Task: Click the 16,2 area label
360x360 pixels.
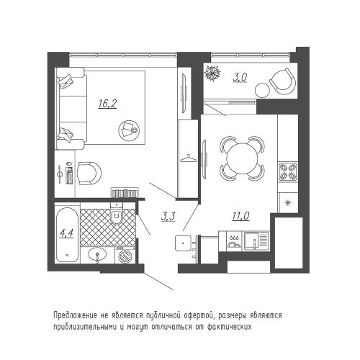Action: (x=107, y=104)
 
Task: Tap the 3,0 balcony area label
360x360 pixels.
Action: (x=240, y=77)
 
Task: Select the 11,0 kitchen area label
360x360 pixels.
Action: (x=240, y=216)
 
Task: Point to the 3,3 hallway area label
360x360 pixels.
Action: (x=168, y=217)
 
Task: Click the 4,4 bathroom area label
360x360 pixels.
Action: (x=66, y=233)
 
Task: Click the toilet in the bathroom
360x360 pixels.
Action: (x=117, y=214)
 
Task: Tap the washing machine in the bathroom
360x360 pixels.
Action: (x=125, y=256)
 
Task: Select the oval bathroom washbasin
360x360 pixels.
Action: (x=97, y=255)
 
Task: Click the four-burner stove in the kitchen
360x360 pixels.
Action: (x=288, y=172)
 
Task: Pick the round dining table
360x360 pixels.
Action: (x=242, y=158)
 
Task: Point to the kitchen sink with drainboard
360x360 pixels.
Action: (x=256, y=241)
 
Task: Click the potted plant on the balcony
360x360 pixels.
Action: (x=212, y=73)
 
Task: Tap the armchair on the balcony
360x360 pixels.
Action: (x=283, y=82)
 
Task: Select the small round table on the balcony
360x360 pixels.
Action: (x=262, y=90)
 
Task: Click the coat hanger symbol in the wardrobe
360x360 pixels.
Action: (x=189, y=158)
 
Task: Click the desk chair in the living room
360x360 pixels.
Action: (x=89, y=174)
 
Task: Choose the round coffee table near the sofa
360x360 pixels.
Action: (x=129, y=130)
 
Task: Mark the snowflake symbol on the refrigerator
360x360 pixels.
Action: (x=287, y=203)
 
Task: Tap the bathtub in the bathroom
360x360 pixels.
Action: (x=67, y=235)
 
